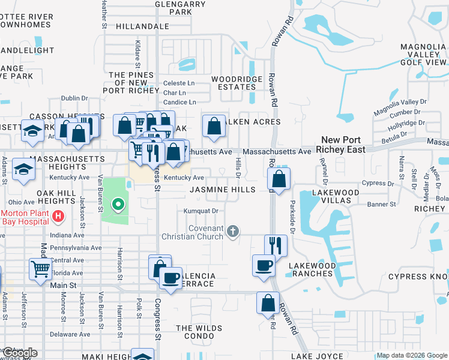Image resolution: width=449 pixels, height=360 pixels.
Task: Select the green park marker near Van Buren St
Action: pyautogui.click(x=118, y=205)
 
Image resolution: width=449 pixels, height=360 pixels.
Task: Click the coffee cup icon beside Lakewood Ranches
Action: pyautogui.click(x=264, y=265)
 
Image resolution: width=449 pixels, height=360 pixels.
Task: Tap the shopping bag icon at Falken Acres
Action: pyautogui.click(x=214, y=127)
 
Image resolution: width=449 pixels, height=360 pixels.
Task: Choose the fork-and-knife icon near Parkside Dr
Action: pyautogui.click(x=276, y=245)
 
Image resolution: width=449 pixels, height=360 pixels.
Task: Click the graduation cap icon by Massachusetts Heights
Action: pyautogui.click(x=23, y=170)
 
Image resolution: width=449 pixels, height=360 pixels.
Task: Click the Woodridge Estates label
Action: pyautogui.click(x=237, y=83)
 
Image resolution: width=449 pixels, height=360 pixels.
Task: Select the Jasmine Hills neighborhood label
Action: pyautogui.click(x=223, y=190)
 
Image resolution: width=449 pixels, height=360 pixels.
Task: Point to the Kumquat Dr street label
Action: pyautogui.click(x=200, y=211)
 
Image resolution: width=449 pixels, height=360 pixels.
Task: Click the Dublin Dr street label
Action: pyautogui.click(x=74, y=98)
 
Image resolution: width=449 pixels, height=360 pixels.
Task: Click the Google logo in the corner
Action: pyautogui.click(x=20, y=353)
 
